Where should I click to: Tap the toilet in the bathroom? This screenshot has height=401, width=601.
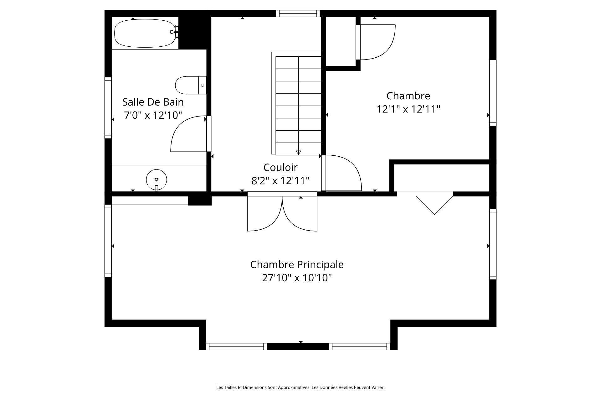[x=191, y=85]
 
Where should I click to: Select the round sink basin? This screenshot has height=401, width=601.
[x=157, y=180]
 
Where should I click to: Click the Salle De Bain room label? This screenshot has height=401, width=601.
[x=153, y=102]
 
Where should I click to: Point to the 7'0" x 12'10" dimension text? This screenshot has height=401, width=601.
[x=153, y=115]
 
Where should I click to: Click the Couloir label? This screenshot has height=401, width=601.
[x=280, y=167]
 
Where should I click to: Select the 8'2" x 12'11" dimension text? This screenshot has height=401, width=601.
[x=280, y=180]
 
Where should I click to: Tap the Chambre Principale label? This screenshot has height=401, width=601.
[x=297, y=264]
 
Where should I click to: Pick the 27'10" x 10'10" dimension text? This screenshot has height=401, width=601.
[x=297, y=278]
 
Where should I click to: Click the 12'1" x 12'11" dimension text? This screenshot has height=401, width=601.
[x=408, y=109]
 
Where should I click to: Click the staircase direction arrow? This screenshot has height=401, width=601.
[x=298, y=153]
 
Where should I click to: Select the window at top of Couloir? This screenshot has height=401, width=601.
[x=298, y=13]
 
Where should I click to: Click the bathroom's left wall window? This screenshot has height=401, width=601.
[x=108, y=108]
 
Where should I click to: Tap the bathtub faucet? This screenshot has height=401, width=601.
[x=175, y=32]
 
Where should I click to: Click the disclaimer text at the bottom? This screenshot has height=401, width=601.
[x=300, y=388]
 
